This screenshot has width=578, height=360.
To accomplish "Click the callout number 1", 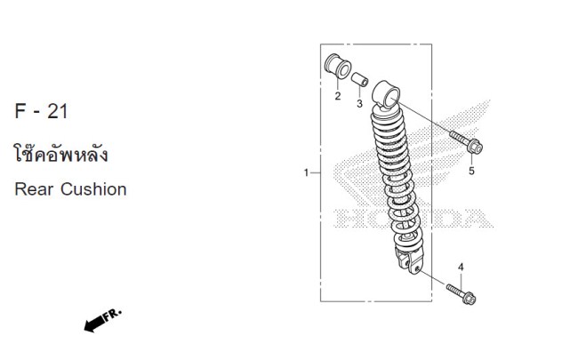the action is (306, 172).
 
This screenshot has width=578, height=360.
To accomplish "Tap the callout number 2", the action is (338, 96).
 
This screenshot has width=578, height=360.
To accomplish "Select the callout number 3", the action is (359, 103).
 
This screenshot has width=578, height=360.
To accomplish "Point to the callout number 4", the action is (461, 268).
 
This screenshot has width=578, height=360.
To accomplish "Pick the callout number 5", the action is (471, 171).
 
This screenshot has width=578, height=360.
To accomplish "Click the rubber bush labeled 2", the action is (338, 67).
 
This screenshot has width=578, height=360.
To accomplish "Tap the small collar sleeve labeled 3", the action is (359, 79).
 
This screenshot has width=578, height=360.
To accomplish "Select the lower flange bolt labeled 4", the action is (461, 294).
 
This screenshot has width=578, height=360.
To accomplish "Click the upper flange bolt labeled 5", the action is (466, 142).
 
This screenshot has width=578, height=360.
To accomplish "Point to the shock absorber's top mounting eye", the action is (386, 95).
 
